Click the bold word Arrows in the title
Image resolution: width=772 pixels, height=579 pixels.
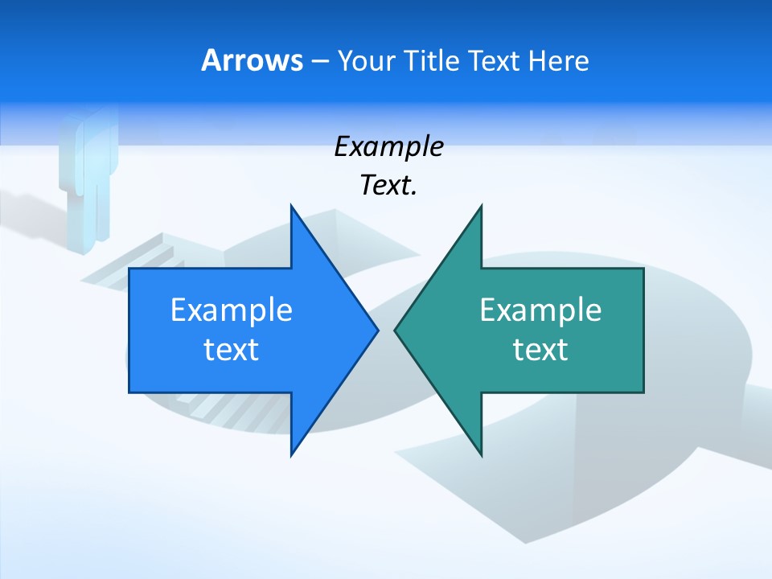252,60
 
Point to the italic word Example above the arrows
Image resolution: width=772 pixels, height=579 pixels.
388,147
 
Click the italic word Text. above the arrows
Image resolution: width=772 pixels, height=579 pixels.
388,186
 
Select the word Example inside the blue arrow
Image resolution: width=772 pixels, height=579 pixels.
231,310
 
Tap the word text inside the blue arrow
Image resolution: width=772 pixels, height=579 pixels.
231,350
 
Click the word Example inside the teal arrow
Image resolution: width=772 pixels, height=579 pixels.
540,310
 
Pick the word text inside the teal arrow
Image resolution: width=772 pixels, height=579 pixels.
540,350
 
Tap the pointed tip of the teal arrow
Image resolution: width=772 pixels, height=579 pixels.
397,330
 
